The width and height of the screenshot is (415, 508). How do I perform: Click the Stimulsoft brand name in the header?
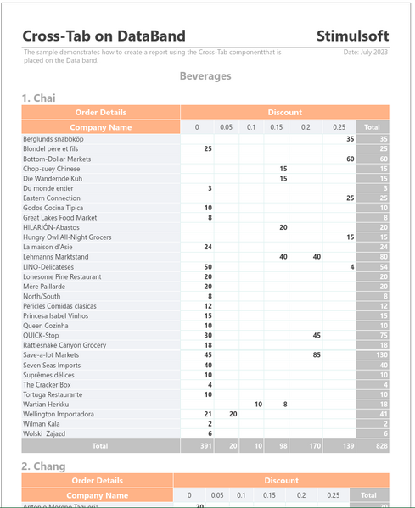coord(352,36)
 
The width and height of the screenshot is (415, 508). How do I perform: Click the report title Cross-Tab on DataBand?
coord(104,36)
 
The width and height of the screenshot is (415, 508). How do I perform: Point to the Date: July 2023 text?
coord(366,53)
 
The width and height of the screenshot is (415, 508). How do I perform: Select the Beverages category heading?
coord(205,76)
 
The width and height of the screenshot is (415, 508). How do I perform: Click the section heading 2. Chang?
coord(43,466)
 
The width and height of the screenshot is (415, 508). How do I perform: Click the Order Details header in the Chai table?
coord(100,112)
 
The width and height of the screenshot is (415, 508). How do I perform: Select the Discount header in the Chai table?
coord(284,112)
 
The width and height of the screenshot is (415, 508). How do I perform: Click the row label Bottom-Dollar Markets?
coord(57,159)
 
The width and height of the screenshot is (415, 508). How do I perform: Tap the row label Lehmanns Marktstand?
coord(56,257)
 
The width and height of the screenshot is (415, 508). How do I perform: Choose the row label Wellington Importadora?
coord(59,414)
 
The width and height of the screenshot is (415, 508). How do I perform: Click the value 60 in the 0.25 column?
coord(350,159)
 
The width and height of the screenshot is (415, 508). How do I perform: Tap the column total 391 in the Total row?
coord(206,445)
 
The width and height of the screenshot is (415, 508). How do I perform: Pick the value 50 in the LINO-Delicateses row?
coord(208,267)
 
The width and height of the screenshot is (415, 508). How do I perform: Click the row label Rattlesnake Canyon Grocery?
coord(64,345)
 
